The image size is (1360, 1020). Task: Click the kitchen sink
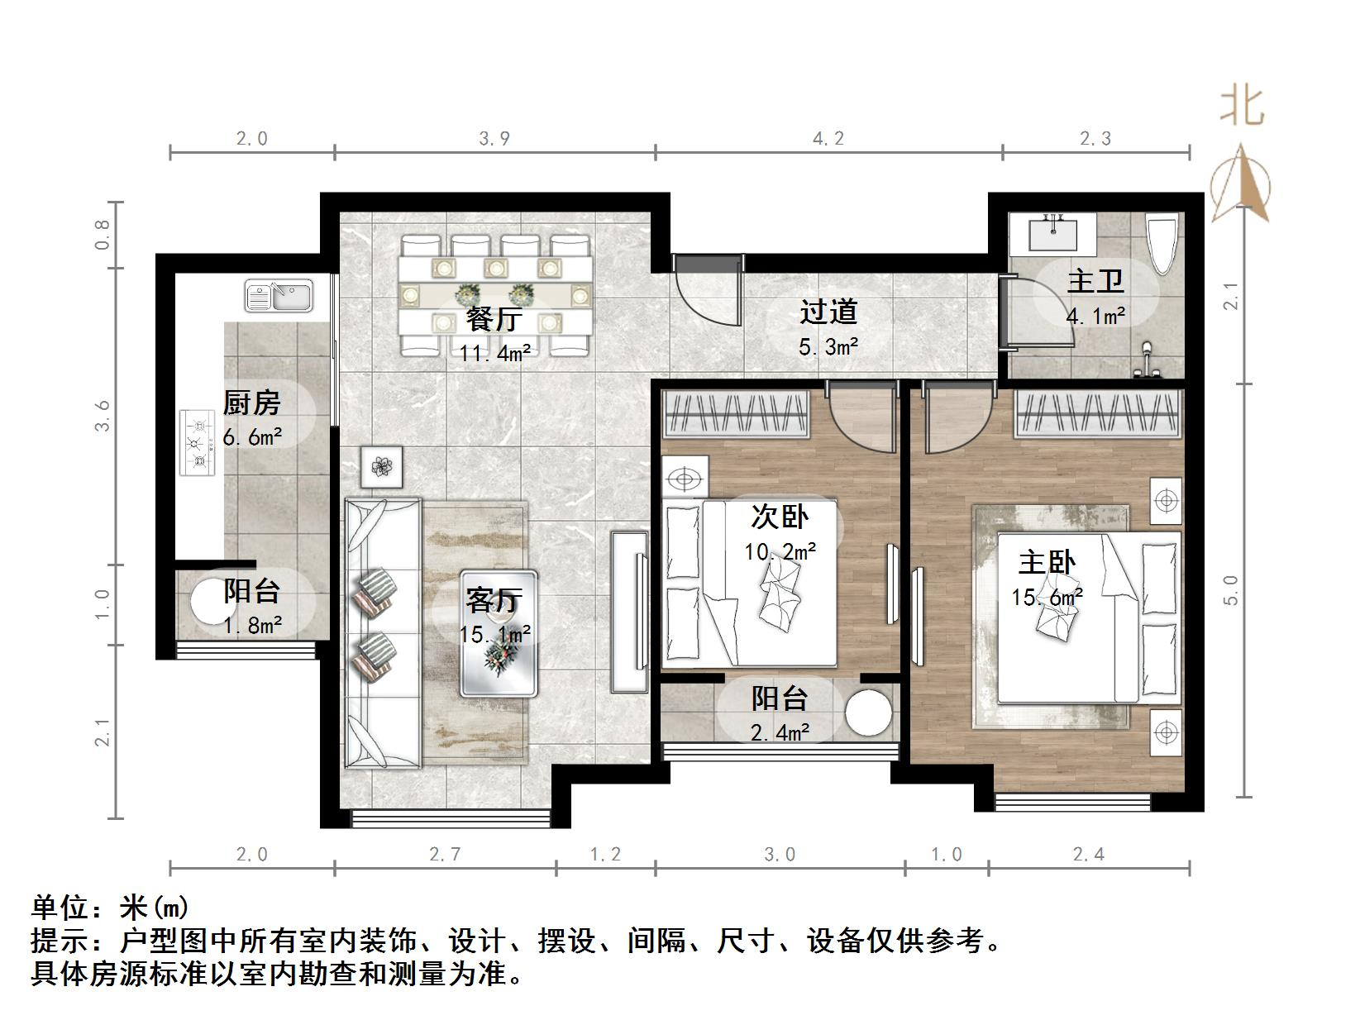(279, 295)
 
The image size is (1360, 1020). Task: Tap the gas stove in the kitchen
(198, 443)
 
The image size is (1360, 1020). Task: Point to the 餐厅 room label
(494, 320)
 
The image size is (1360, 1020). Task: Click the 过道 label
(828, 312)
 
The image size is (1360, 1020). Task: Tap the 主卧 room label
(1047, 562)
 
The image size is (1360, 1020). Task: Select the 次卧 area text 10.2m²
(780, 551)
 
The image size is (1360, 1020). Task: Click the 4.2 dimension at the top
(828, 138)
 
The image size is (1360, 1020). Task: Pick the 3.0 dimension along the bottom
(780, 855)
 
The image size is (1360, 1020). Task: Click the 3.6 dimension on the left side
(103, 416)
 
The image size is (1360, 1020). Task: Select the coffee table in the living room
(499, 633)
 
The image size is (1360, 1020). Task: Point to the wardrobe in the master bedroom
(1096, 413)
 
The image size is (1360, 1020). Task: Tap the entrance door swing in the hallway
(708, 291)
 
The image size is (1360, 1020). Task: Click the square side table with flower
(382, 466)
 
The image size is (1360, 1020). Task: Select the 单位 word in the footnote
(60, 908)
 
